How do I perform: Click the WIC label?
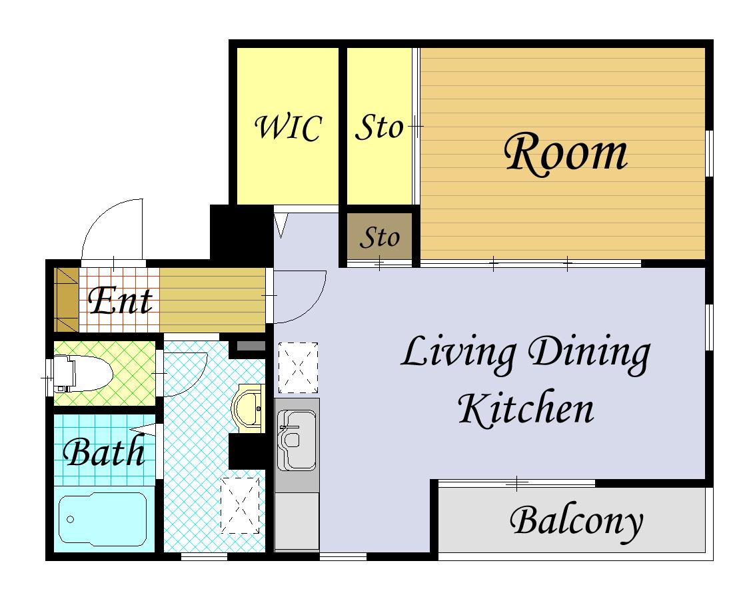coord(288,128)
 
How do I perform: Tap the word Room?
coord(566,154)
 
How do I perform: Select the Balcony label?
coord(576,522)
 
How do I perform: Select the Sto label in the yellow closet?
coord(379,128)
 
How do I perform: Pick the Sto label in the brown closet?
coord(379,237)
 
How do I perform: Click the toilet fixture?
coord(82,374)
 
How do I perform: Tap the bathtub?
coord(103,519)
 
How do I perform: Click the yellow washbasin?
coord(249,408)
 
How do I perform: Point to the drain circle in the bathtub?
coord(71,519)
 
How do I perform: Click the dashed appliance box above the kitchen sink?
coord(299,367)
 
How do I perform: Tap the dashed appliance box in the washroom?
coord(240,505)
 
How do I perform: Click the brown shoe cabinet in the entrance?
coord(66,300)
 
